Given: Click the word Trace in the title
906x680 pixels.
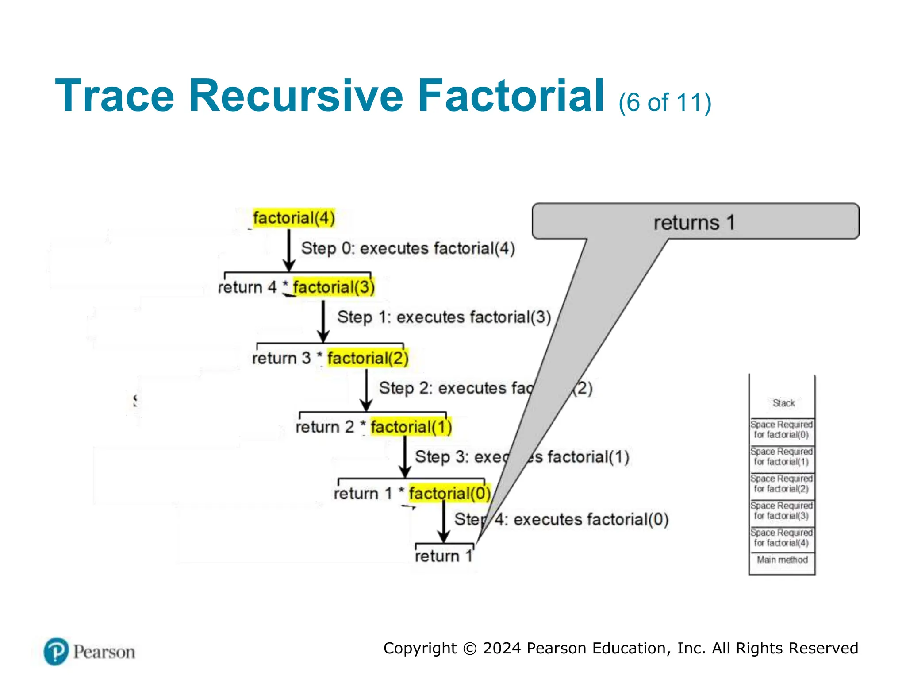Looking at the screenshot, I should coord(115,96).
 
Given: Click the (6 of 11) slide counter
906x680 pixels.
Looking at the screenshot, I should coord(664,103).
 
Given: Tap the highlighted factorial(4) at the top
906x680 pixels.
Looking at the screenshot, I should coord(294,218).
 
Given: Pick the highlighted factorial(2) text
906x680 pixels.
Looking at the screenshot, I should coord(368,358).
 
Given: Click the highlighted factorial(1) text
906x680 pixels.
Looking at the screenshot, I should coord(411,427).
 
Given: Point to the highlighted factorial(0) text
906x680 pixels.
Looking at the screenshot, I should coord(449,493).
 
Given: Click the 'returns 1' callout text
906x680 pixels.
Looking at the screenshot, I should coord(694,223).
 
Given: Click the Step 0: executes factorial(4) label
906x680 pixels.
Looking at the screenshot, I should coord(408,248).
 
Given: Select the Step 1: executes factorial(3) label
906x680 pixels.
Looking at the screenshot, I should coord(444,317).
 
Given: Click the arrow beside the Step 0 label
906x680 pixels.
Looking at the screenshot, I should coord(289,250).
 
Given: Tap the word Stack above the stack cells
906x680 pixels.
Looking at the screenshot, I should coord(783,403).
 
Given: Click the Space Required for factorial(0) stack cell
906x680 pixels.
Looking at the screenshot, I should coord(782,429).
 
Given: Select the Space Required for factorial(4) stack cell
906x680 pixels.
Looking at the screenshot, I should coord(782,538).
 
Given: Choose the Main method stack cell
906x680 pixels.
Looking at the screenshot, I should coord(782,560).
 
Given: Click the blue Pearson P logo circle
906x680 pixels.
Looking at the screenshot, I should coord(56,651).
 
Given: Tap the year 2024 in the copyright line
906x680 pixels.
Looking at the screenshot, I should coord(502,648).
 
